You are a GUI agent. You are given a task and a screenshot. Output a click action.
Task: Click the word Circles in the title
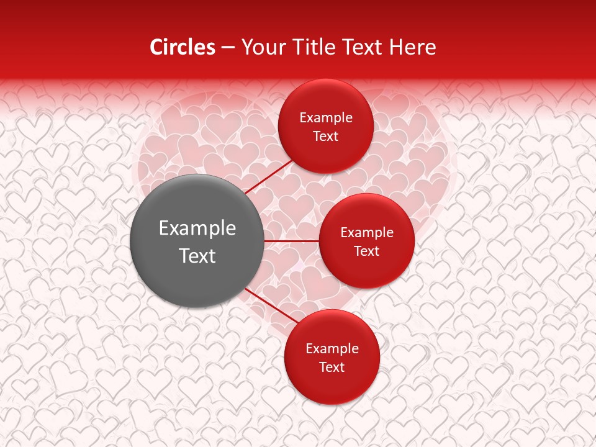tap(183, 47)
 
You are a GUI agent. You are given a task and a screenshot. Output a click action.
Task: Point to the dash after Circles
tap(228, 48)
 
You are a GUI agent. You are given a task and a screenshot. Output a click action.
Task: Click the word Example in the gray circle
tap(197, 228)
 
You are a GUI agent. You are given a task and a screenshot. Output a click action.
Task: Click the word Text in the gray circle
tap(197, 256)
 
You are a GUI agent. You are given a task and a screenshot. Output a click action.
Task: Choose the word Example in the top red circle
tap(326, 118)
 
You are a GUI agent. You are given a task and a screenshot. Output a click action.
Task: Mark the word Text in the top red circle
tap(326, 137)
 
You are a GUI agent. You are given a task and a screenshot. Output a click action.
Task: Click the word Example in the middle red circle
tap(367, 233)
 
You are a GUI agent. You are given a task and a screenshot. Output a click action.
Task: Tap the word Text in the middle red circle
tap(367, 251)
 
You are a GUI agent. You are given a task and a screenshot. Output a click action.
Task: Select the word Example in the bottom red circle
tap(332, 349)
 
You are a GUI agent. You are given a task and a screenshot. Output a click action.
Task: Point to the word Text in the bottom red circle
tap(332, 368)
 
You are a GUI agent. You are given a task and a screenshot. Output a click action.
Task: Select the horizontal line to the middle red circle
tap(291, 240)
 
